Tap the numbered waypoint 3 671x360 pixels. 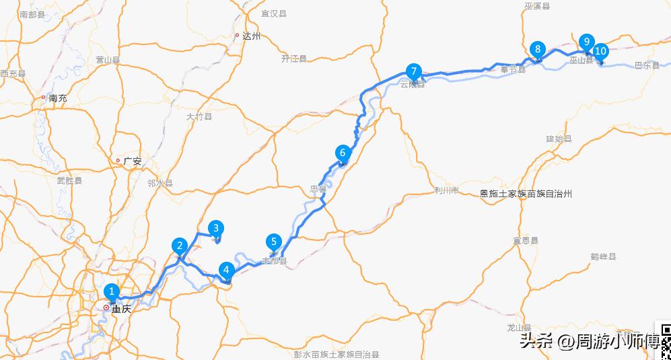pyautogui.click(x=216, y=228)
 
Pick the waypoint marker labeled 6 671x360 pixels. pyautogui.click(x=343, y=153)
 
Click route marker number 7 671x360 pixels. pyautogui.click(x=413, y=71)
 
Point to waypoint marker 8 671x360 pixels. pyautogui.click(x=538, y=48)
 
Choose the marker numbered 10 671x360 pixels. pyautogui.click(x=600, y=50)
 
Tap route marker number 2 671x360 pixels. pyautogui.click(x=178, y=246)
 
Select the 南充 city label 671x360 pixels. pyautogui.click(x=58, y=98)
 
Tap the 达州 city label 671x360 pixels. pyautogui.click(x=252, y=36)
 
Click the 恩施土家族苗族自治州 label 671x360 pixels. pyautogui.click(x=526, y=194)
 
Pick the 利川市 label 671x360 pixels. pyautogui.click(x=447, y=190)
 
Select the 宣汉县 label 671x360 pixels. pyautogui.click(x=273, y=13)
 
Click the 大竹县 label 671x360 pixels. pyautogui.click(x=199, y=116)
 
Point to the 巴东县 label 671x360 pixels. pyautogui.click(x=647, y=66)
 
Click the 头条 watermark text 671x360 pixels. pyautogui.click(x=536, y=341)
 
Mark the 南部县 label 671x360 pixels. pyautogui.click(x=32, y=14)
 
